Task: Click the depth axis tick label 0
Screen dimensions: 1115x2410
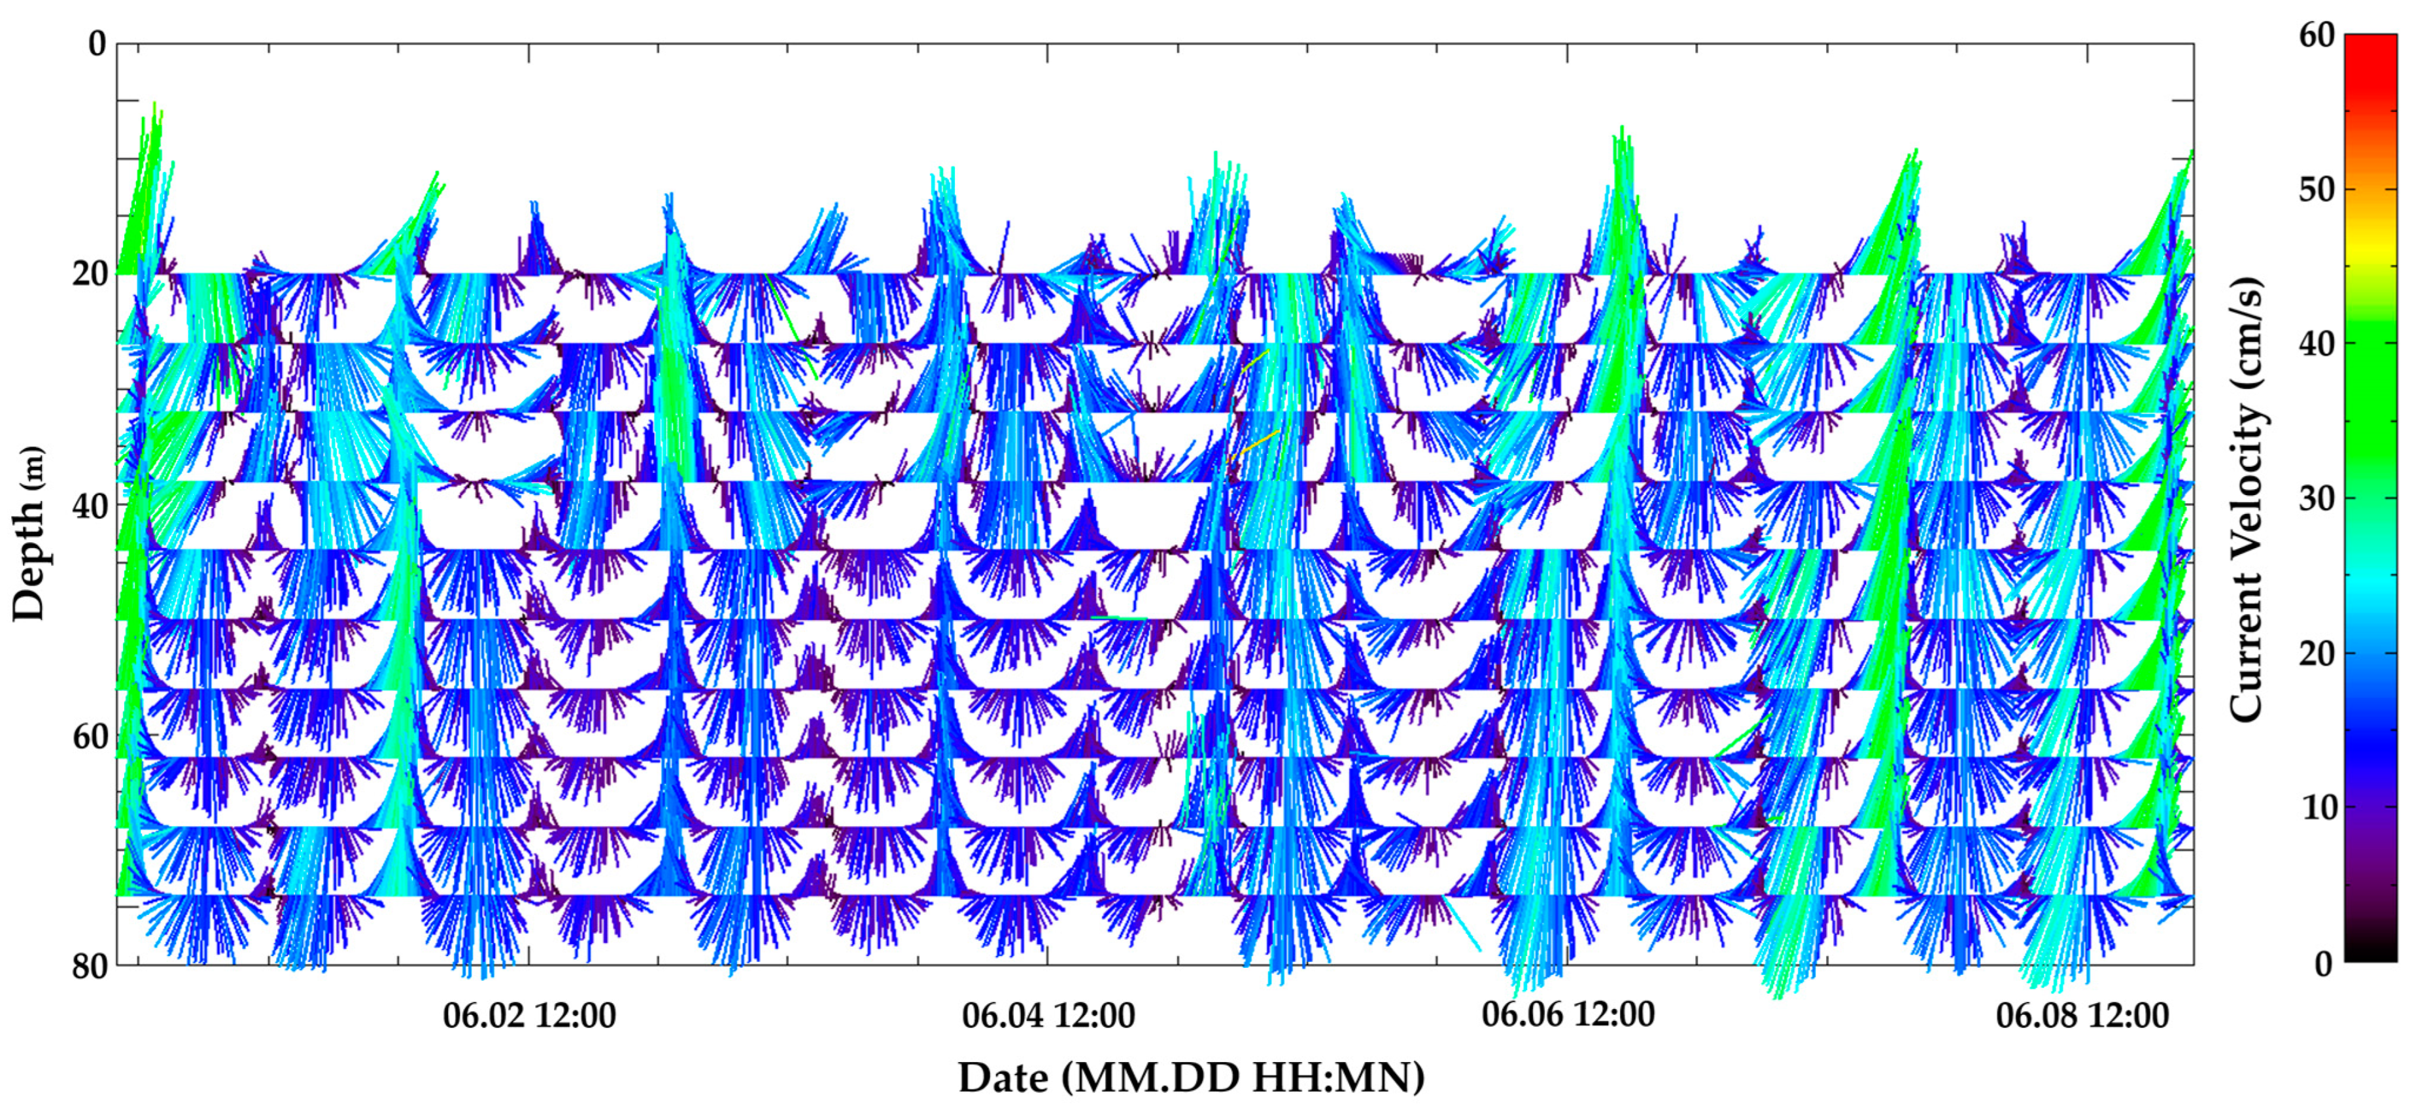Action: [x=96, y=43]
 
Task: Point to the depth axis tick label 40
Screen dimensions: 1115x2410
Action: [x=90, y=505]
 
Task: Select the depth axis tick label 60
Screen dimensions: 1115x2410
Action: [x=90, y=736]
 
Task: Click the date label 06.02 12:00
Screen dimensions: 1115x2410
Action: [x=530, y=1015]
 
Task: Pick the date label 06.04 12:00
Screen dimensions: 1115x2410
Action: [x=1048, y=1015]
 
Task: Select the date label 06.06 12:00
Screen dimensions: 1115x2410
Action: [x=1568, y=1014]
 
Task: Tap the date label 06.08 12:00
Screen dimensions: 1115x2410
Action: [x=2082, y=1015]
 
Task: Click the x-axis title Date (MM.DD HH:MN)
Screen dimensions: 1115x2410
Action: [x=1191, y=1078]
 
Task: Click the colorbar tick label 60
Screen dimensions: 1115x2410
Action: [x=2316, y=35]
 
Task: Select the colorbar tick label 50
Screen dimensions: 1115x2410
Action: [x=2316, y=189]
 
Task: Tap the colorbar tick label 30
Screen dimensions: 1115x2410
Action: [x=2316, y=498]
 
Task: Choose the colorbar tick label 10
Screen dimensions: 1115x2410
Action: [x=2316, y=807]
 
